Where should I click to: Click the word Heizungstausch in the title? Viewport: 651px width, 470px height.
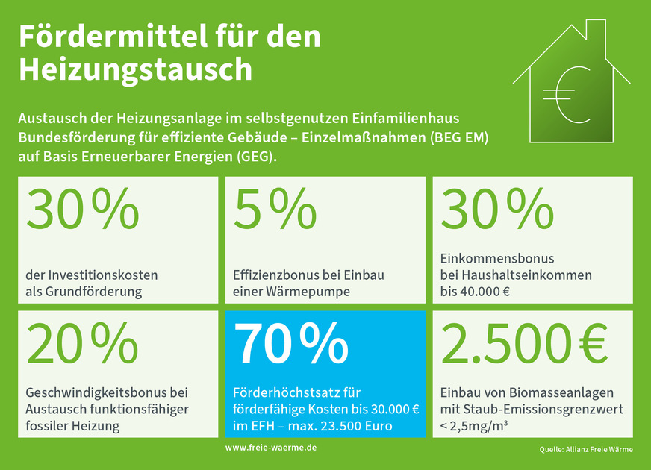135,69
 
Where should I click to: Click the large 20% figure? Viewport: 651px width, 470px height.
82,344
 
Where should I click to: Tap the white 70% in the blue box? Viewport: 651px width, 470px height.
292,344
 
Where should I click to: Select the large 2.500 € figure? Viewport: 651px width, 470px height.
524,344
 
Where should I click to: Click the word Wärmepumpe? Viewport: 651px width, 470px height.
312,292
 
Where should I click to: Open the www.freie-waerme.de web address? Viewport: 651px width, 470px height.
271,447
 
